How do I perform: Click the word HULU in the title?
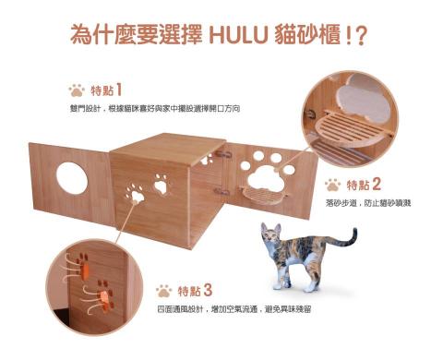point(237,35)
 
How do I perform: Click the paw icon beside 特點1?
point(77,90)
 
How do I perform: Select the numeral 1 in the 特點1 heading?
point(119,90)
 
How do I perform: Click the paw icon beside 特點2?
point(333,185)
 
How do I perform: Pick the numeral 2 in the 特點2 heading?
point(377,185)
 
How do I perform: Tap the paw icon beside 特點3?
point(164,291)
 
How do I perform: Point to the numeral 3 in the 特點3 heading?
point(208,291)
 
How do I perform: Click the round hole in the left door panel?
point(72,178)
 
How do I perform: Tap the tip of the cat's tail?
point(355,230)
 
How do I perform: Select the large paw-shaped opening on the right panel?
point(266,178)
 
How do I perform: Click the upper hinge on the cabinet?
point(223,154)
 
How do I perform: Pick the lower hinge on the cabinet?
point(222,192)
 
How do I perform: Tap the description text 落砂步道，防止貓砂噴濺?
point(368,203)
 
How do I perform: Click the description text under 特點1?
point(155,109)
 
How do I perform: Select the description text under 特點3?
point(233,309)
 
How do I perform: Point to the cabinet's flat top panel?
point(169,149)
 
